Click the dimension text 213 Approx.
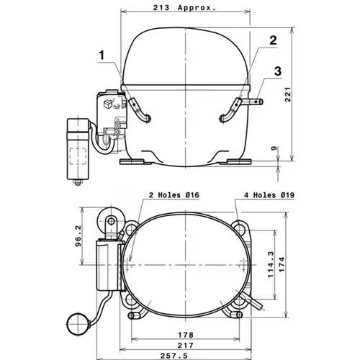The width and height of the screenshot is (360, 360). point(184,8)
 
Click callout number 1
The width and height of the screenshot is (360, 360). point(102,55)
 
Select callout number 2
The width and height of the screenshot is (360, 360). point(273,40)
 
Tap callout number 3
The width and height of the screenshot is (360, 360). point(278,71)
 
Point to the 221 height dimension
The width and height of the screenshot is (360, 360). point(288,94)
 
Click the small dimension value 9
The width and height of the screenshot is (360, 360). point(274,148)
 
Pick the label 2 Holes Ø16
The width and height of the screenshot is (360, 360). point(174,195)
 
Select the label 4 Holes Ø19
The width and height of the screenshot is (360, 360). point(269,195)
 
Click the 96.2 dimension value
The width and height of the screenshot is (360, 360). point(78,236)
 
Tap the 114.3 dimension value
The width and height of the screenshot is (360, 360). point(271,264)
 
